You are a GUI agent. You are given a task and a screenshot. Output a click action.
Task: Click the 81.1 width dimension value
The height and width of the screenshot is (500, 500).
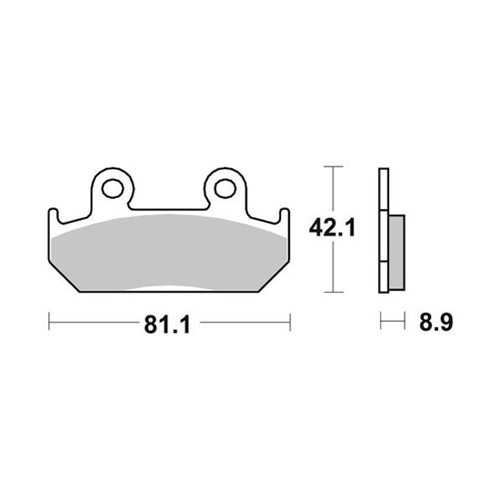coord(167,325)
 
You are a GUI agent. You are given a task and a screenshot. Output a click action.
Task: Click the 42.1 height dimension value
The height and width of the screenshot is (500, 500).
coord(332,227)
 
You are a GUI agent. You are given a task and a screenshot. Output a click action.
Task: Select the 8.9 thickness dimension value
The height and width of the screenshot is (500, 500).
coord(435,322)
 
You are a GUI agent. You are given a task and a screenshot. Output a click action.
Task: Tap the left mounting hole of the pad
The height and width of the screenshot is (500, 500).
coord(113,188)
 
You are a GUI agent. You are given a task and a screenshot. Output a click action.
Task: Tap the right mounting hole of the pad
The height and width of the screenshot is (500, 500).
coord(225,188)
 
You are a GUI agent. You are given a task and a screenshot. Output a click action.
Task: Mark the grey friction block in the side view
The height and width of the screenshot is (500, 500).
coord(397,253)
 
